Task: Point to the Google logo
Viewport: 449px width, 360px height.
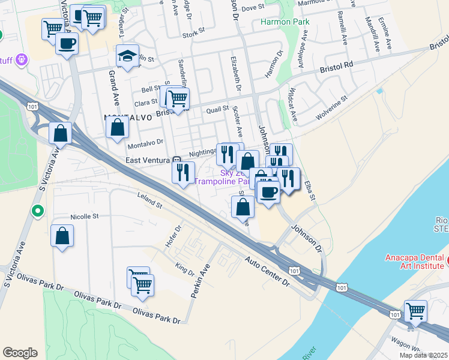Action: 20,353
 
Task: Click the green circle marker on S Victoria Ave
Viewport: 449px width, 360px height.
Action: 38,211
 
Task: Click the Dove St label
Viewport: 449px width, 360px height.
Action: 253,8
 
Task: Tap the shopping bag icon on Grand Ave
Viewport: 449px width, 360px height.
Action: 117,127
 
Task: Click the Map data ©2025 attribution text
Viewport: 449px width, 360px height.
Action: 423,355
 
